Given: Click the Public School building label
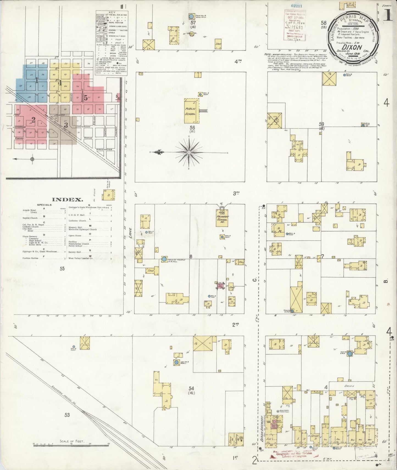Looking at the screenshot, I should (190, 111).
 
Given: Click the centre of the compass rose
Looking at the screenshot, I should (189, 152).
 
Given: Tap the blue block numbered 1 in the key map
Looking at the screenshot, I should (36, 80).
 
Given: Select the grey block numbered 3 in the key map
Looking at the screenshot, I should (66, 125).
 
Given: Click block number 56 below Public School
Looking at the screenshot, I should (192, 128).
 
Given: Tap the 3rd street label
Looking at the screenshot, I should (236, 193).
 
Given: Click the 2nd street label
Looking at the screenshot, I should (235, 325).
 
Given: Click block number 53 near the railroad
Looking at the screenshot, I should (67, 415).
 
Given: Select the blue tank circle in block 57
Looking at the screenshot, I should (191, 17).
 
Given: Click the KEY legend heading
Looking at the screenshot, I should (112, 13).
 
